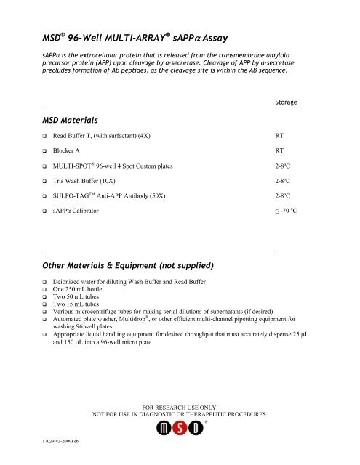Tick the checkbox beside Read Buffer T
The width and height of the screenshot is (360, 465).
point(45,137)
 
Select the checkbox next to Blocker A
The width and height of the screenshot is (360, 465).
point(45,151)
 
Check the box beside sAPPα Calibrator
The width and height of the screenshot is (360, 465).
point(45,211)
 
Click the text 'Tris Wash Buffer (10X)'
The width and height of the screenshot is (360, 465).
point(94,181)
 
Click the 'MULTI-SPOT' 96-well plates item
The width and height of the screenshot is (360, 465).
point(122,166)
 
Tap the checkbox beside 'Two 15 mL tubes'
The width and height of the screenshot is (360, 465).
point(45,304)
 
